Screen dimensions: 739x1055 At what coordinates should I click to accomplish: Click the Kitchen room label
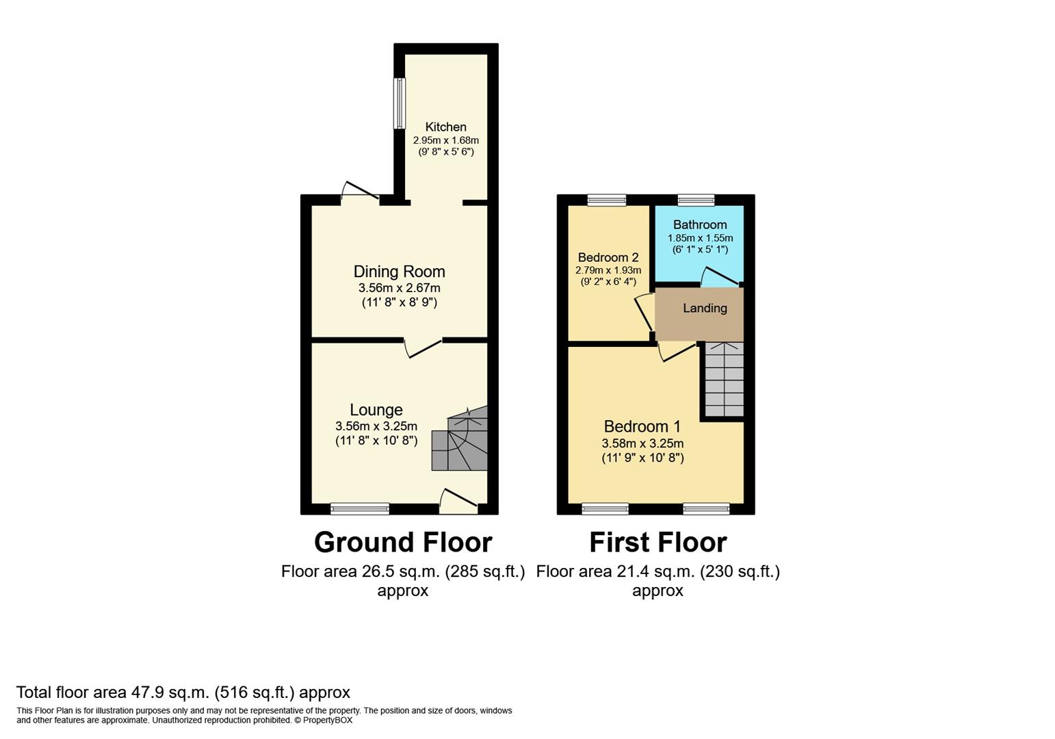(445, 127)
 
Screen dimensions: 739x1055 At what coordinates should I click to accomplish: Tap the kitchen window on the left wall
(399, 103)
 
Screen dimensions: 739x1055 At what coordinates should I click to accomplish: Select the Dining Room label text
(399, 272)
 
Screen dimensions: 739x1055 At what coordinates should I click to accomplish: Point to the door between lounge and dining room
(424, 347)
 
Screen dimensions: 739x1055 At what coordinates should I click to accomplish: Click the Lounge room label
(376, 410)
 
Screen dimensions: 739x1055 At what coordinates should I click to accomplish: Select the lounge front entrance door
(458, 502)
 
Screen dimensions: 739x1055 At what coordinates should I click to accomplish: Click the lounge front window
(359, 508)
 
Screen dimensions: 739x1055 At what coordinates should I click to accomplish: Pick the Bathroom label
(699, 224)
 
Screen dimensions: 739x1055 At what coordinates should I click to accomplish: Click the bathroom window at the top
(696, 200)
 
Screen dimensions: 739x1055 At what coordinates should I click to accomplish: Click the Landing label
(705, 308)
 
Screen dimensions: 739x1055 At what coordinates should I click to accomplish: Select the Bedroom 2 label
(608, 257)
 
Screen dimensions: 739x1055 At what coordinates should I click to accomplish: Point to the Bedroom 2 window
(606, 200)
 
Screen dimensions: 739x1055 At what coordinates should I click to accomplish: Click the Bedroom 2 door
(644, 313)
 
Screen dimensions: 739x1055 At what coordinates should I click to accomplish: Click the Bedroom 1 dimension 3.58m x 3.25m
(642, 443)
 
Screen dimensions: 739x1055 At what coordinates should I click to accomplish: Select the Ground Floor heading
(403, 542)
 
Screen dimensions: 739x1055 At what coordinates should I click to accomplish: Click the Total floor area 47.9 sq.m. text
(183, 692)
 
